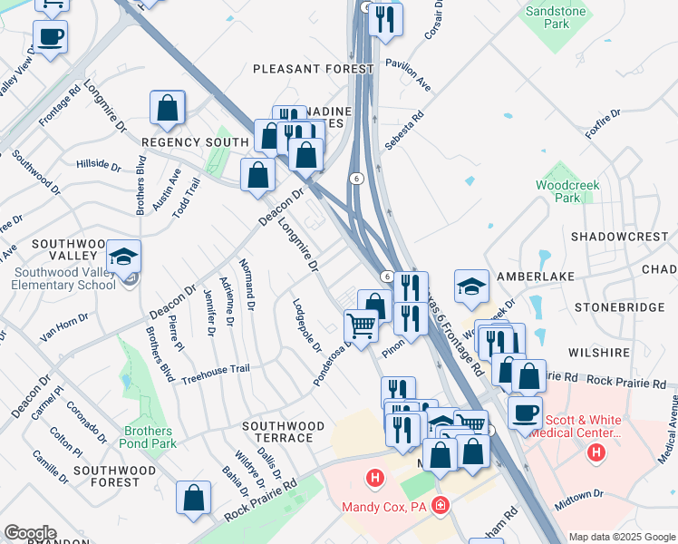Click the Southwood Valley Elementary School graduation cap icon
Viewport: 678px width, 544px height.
click(x=124, y=257)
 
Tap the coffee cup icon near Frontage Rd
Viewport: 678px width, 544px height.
click(x=50, y=37)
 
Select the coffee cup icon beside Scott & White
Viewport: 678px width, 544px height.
click(x=525, y=413)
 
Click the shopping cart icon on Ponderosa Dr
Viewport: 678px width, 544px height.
click(x=361, y=325)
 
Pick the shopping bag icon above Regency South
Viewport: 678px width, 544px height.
click(x=169, y=108)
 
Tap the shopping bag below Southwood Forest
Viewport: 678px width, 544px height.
click(x=193, y=498)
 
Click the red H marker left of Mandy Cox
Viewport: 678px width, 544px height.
click(x=373, y=477)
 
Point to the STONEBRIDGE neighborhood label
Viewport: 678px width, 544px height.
click(x=631, y=307)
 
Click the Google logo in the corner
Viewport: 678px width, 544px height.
click(x=30, y=533)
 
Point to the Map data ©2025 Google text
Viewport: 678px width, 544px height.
click(x=622, y=537)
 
